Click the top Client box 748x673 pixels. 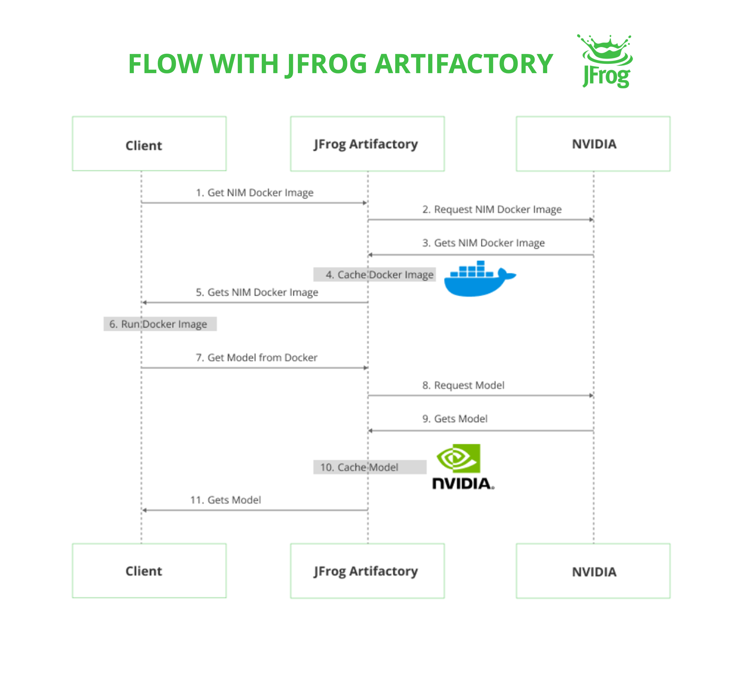click(x=149, y=144)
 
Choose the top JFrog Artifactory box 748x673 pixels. click(x=367, y=144)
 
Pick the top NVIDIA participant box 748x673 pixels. click(x=593, y=144)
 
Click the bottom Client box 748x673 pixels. click(x=149, y=571)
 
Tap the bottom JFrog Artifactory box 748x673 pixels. click(x=367, y=571)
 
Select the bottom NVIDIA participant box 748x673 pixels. click(x=593, y=571)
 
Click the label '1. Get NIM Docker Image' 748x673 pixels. click(x=255, y=193)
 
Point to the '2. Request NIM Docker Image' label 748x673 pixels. click(x=492, y=209)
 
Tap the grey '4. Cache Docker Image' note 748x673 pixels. click(x=374, y=274)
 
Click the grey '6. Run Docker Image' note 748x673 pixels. click(x=160, y=324)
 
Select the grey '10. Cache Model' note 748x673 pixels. click(x=370, y=467)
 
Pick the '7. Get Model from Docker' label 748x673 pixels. click(x=257, y=358)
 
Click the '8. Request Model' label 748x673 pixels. click(x=463, y=385)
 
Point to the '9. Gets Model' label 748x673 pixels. click(x=455, y=419)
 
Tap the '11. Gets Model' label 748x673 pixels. click(x=225, y=500)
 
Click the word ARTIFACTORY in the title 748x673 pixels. click(x=464, y=64)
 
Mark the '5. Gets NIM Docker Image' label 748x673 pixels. click(x=257, y=292)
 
